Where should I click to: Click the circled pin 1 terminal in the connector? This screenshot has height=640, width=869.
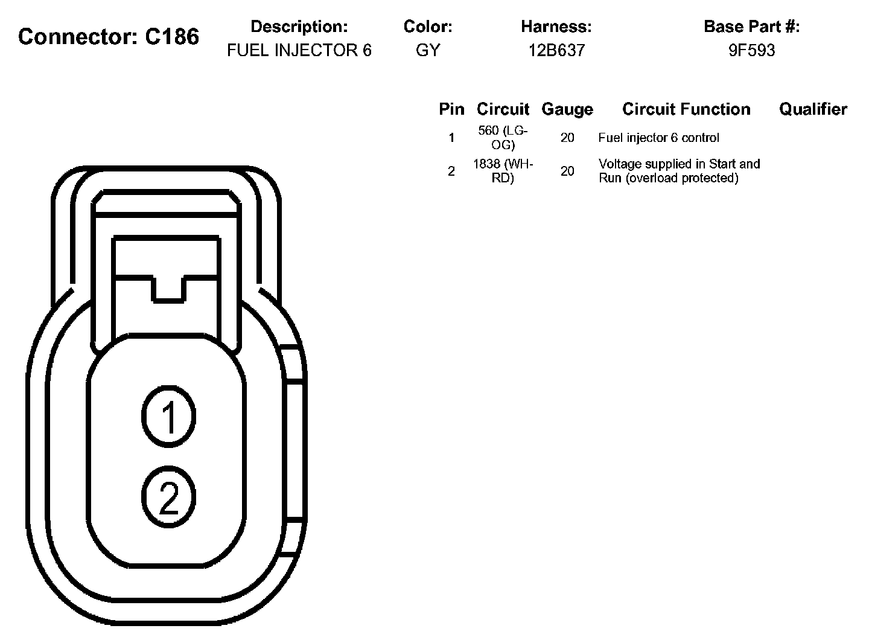pyautogui.click(x=169, y=417)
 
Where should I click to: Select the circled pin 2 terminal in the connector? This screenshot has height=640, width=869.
pyautogui.click(x=169, y=497)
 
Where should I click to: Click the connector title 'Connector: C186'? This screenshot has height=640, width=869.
pyautogui.click(x=109, y=37)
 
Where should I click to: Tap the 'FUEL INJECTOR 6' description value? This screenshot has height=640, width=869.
pyautogui.click(x=299, y=50)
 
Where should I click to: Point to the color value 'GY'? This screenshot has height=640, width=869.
pyautogui.click(x=428, y=50)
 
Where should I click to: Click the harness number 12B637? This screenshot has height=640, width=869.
pyautogui.click(x=556, y=50)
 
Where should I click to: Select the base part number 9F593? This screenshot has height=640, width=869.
pyautogui.click(x=752, y=50)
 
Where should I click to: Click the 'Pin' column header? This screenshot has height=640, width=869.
pyautogui.click(x=451, y=109)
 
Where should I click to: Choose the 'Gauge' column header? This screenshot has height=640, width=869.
pyautogui.click(x=567, y=109)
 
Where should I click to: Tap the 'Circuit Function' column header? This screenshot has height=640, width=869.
pyautogui.click(x=686, y=109)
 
